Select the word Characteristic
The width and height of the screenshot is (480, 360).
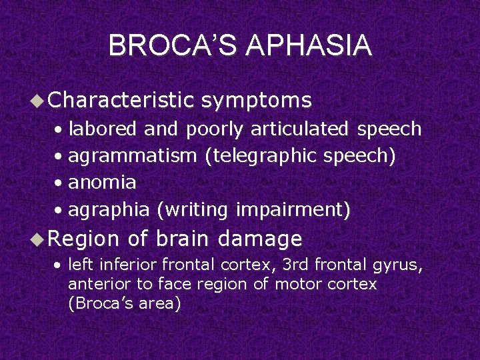121,100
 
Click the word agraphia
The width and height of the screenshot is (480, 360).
109,209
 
